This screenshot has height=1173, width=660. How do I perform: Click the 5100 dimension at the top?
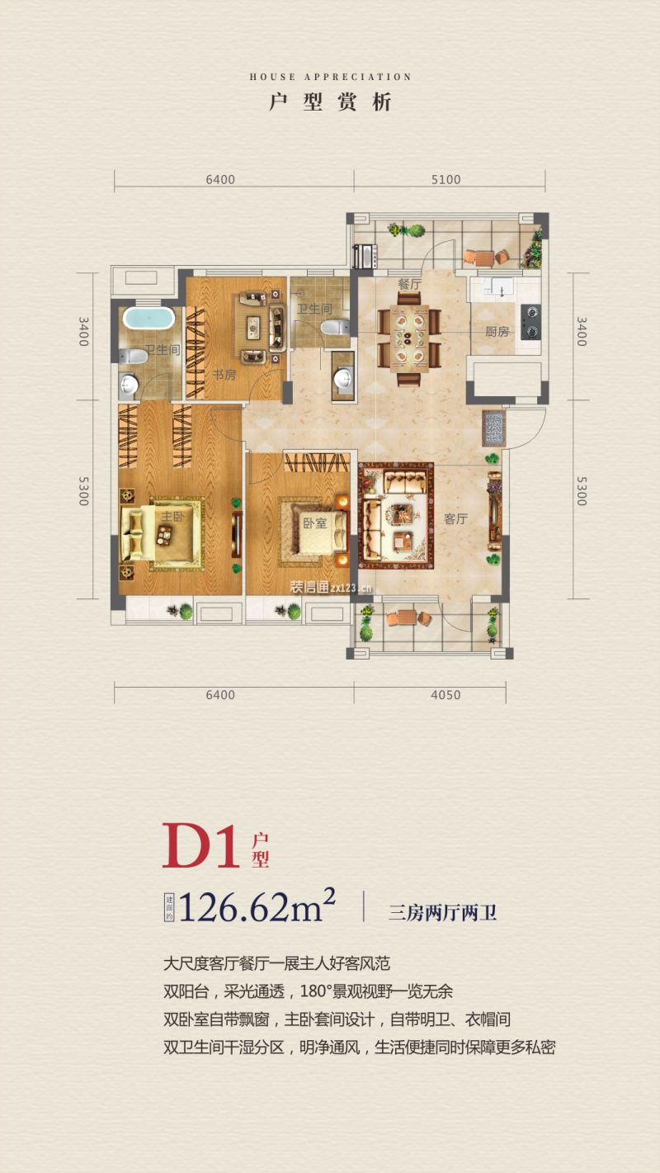coord(446,180)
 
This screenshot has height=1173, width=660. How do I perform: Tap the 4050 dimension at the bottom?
coord(446,695)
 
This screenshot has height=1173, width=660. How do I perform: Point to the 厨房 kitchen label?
coord(497,332)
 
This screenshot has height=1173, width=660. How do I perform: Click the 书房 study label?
coord(224,375)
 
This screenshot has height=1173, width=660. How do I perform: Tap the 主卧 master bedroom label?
coord(172,517)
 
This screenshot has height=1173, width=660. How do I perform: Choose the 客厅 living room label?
coord(455,518)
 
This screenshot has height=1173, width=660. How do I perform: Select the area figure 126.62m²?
coord(257,907)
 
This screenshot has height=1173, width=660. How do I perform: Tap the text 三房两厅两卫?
coord(443,913)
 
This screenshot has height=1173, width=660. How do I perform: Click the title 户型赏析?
coord(330,102)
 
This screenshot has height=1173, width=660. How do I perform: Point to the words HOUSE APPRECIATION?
coord(330,77)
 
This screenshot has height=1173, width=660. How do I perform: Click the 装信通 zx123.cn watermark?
coord(331,587)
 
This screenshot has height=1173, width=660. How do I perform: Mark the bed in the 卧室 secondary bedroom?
coord(314,530)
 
